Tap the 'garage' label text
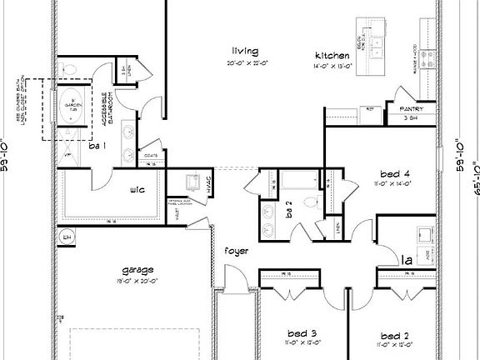[x=137, y=269]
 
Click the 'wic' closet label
[x=138, y=189]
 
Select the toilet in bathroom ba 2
[x=310, y=200]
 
